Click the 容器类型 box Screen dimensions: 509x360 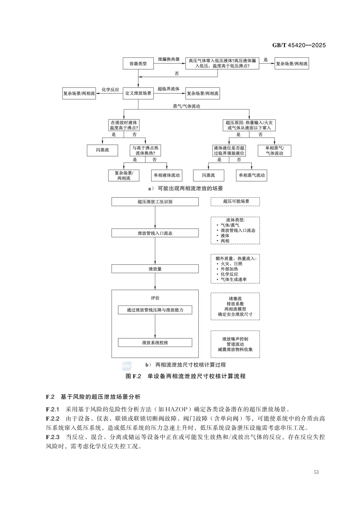click(138, 63)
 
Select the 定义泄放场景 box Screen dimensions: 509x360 click(138, 93)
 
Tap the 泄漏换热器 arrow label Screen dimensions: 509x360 click(169, 59)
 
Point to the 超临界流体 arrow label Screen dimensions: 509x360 click(169, 89)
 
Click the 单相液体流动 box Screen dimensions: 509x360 click(167, 175)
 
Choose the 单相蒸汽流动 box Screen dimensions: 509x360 click(252, 175)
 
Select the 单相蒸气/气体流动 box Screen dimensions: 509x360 click(274, 151)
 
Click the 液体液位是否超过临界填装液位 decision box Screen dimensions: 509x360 click(229, 151)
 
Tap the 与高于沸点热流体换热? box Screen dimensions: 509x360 click(145, 151)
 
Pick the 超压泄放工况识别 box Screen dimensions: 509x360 click(155, 202)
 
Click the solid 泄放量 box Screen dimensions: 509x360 click(155, 269)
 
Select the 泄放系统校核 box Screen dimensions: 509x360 click(155, 343)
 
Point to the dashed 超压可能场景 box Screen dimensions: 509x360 click(235, 201)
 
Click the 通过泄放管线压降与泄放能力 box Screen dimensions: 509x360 click(155, 310)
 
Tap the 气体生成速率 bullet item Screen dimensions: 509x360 click(234, 279)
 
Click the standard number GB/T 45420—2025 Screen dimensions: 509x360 click(299, 45)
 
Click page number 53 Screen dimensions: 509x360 click(316, 472)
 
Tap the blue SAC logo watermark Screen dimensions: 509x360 click(127, 366)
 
